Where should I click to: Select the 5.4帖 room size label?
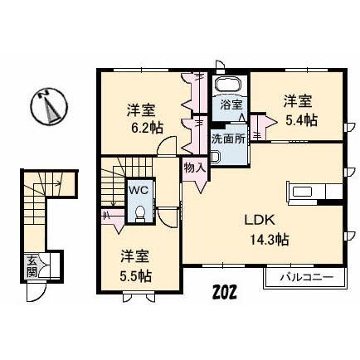tap(299, 119)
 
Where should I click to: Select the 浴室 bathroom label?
tap(231, 105)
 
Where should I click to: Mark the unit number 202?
tap(225, 293)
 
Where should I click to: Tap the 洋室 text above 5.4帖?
tap(298, 101)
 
